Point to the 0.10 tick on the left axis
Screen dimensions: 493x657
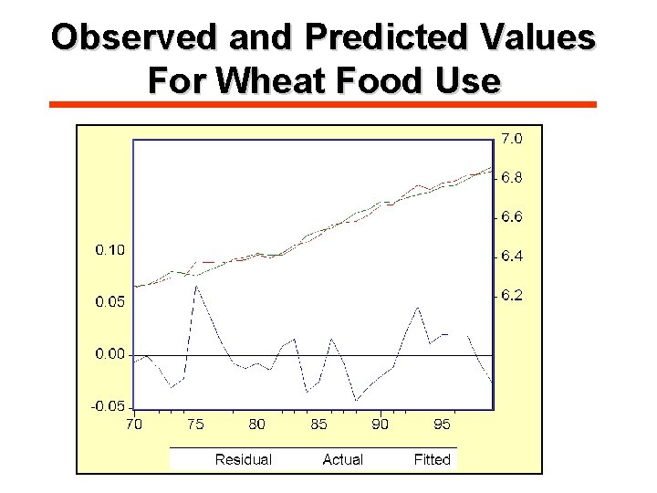click(x=110, y=249)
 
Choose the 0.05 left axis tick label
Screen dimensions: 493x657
click(x=110, y=302)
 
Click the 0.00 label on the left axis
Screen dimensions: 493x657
click(x=110, y=354)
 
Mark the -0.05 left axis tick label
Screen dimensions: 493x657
click(x=108, y=406)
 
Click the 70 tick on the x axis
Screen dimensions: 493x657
click(x=133, y=424)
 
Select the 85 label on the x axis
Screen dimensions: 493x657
click(x=318, y=424)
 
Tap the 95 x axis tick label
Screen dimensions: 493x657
click(x=442, y=424)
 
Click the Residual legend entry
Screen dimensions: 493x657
click(x=243, y=459)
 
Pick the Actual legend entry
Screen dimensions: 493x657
click(x=342, y=459)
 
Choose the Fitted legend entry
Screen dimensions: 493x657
click(x=432, y=459)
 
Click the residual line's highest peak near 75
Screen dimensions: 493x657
click(x=195, y=287)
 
